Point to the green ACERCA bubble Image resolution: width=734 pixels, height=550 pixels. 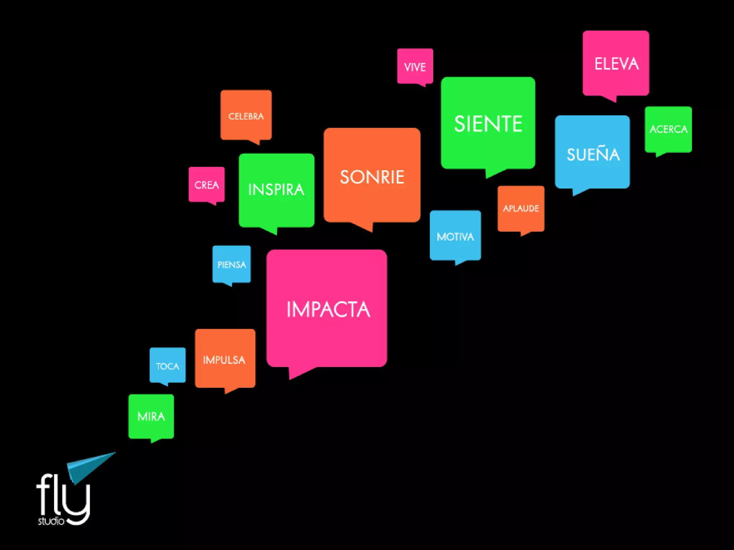(x=668, y=129)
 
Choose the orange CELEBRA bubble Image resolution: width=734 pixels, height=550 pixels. (x=246, y=115)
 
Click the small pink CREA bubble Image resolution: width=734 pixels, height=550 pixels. (x=206, y=184)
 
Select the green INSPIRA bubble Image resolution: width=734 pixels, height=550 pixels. (x=276, y=190)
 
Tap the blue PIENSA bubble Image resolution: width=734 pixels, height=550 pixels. (x=232, y=264)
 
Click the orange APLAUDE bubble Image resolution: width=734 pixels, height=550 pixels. (x=521, y=208)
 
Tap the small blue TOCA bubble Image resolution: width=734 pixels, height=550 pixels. (x=167, y=365)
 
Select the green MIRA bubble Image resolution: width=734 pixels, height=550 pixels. (x=151, y=416)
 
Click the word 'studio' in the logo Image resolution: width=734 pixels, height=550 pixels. (x=51, y=521)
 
